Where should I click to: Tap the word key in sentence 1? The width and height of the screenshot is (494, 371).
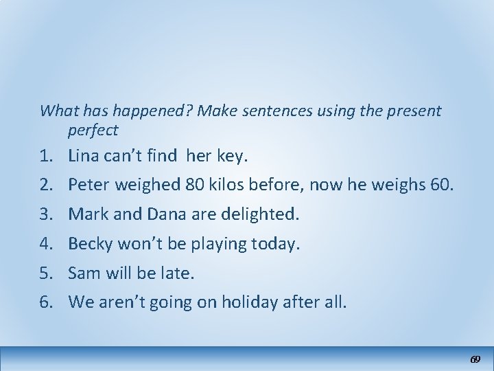230,157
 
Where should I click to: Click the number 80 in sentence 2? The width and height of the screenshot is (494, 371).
193,185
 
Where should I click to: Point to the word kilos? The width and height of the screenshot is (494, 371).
227,185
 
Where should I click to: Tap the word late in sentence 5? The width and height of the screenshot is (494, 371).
178,273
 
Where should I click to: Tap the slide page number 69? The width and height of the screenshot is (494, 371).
474,359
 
